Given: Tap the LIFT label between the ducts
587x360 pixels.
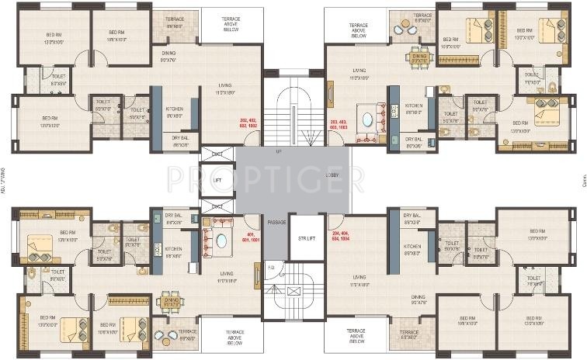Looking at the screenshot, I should (x=218, y=180).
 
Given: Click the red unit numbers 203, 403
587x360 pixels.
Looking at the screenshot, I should (x=338, y=125).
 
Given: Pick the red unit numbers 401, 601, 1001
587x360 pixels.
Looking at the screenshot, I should (x=250, y=237).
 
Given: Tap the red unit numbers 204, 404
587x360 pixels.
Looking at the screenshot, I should (x=340, y=237).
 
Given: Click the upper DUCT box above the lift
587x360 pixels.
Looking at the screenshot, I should (x=217, y=154).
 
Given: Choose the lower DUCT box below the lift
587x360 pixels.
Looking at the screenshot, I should (x=217, y=206).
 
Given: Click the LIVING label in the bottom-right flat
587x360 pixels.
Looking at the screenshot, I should (x=359, y=277).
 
